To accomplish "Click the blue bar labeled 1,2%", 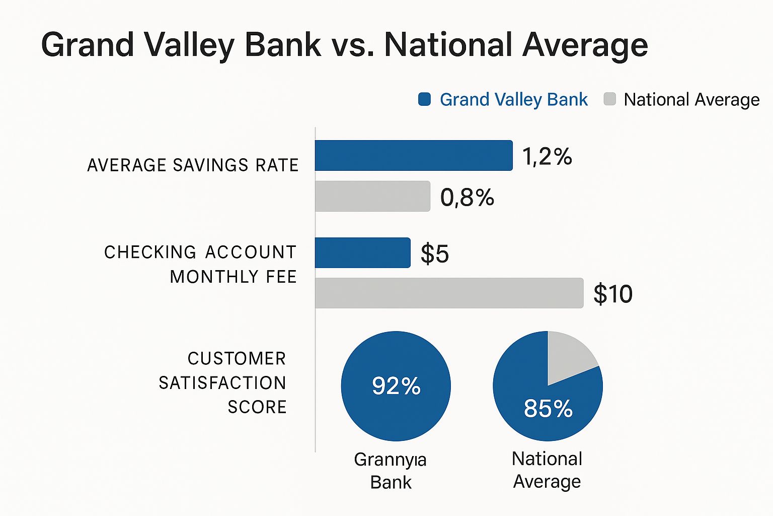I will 414,156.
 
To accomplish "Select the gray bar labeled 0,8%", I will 372,196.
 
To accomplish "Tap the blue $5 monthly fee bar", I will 362,252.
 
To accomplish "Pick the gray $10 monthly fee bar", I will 449,293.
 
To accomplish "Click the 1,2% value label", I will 547,156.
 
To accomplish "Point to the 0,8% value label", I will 467,197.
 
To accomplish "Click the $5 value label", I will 435,253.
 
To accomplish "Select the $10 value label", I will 612,293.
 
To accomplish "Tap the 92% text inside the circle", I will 396,386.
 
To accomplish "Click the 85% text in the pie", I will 548,408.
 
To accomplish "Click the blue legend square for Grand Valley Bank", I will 424,99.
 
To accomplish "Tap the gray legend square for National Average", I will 609,99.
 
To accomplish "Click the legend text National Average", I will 691,100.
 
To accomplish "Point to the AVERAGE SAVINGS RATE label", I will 193,165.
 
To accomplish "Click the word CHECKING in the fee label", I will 150,252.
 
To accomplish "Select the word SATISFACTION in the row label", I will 222,383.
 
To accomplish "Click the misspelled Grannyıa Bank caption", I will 391,471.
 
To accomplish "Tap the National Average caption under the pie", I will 547,470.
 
